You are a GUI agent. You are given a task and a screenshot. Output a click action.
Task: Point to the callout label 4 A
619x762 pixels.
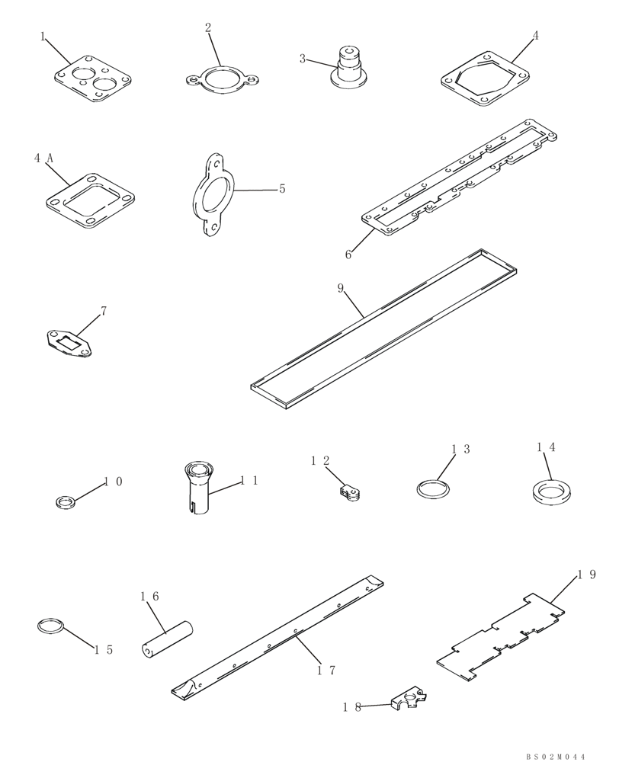[43, 158]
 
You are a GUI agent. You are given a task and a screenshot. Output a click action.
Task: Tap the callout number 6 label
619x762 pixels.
[348, 255]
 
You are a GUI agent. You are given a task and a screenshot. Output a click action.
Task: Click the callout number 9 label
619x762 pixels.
[341, 290]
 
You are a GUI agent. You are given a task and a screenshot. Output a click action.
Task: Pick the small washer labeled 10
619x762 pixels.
[66, 501]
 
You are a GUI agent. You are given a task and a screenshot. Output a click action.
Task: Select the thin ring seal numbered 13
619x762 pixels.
[432, 488]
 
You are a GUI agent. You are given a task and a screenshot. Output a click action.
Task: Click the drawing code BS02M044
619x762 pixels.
[555, 756]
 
